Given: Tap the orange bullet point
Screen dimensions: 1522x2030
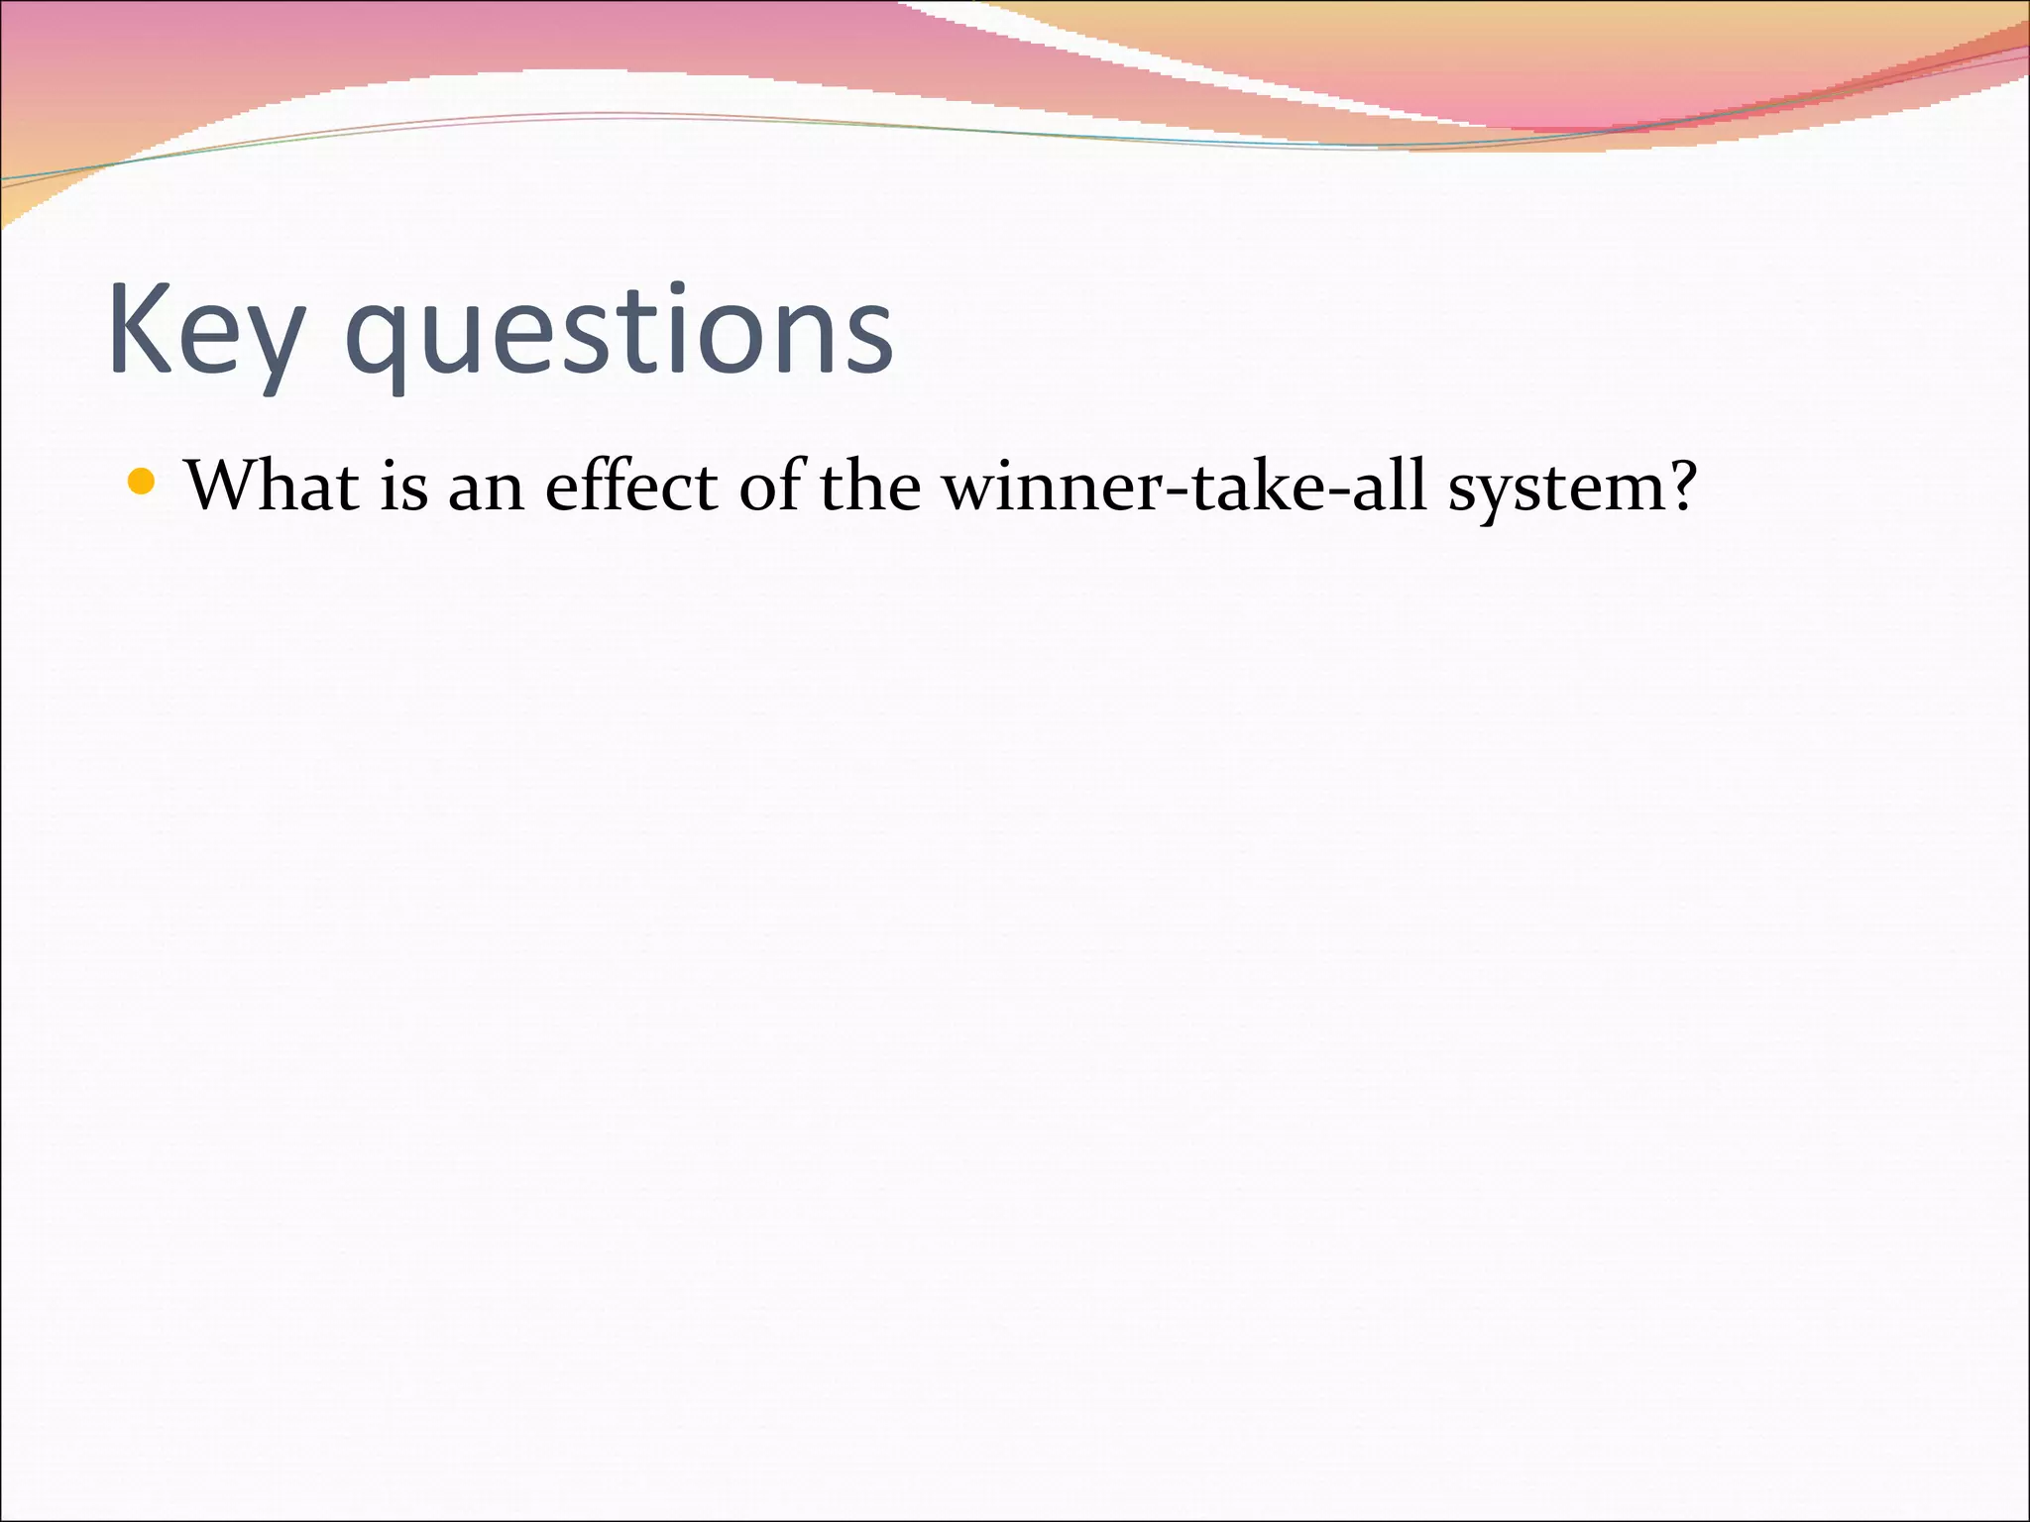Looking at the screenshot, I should pyautogui.click(x=142, y=483).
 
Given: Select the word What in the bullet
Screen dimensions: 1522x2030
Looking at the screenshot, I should pyautogui.click(x=273, y=487).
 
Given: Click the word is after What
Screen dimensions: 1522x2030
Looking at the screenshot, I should pyautogui.click(x=404, y=487).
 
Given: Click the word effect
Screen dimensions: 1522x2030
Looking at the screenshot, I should pyautogui.click(x=631, y=487).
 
